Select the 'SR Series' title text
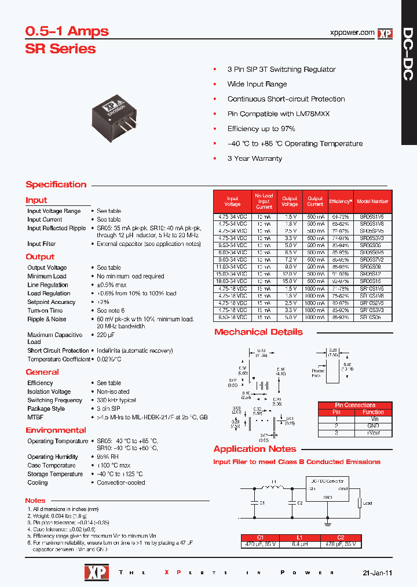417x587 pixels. coord(60,49)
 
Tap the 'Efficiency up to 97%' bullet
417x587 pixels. coord(261,129)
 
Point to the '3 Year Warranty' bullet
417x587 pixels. coord(254,158)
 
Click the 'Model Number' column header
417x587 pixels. coord(372,201)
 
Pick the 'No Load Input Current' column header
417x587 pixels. coord(264,201)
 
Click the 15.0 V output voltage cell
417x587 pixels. coord(290,281)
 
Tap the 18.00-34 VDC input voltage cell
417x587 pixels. coord(232,281)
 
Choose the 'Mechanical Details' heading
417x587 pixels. coord(258,332)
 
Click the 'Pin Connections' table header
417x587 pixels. coord(355,405)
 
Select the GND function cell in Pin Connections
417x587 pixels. coord(373,426)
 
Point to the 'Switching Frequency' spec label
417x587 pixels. coord(55,400)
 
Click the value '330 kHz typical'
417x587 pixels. coord(116,400)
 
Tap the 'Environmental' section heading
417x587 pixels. coord(56,430)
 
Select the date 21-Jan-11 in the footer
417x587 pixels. coord(377,572)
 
